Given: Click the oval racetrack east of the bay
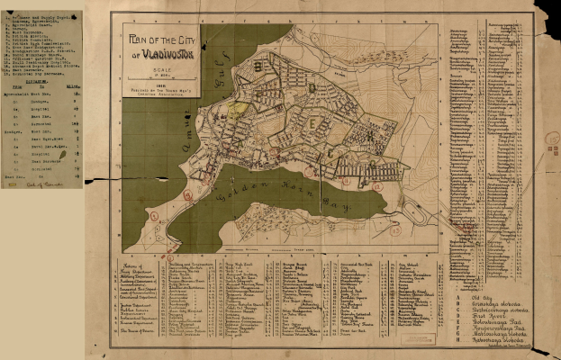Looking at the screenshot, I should point(416,214).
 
